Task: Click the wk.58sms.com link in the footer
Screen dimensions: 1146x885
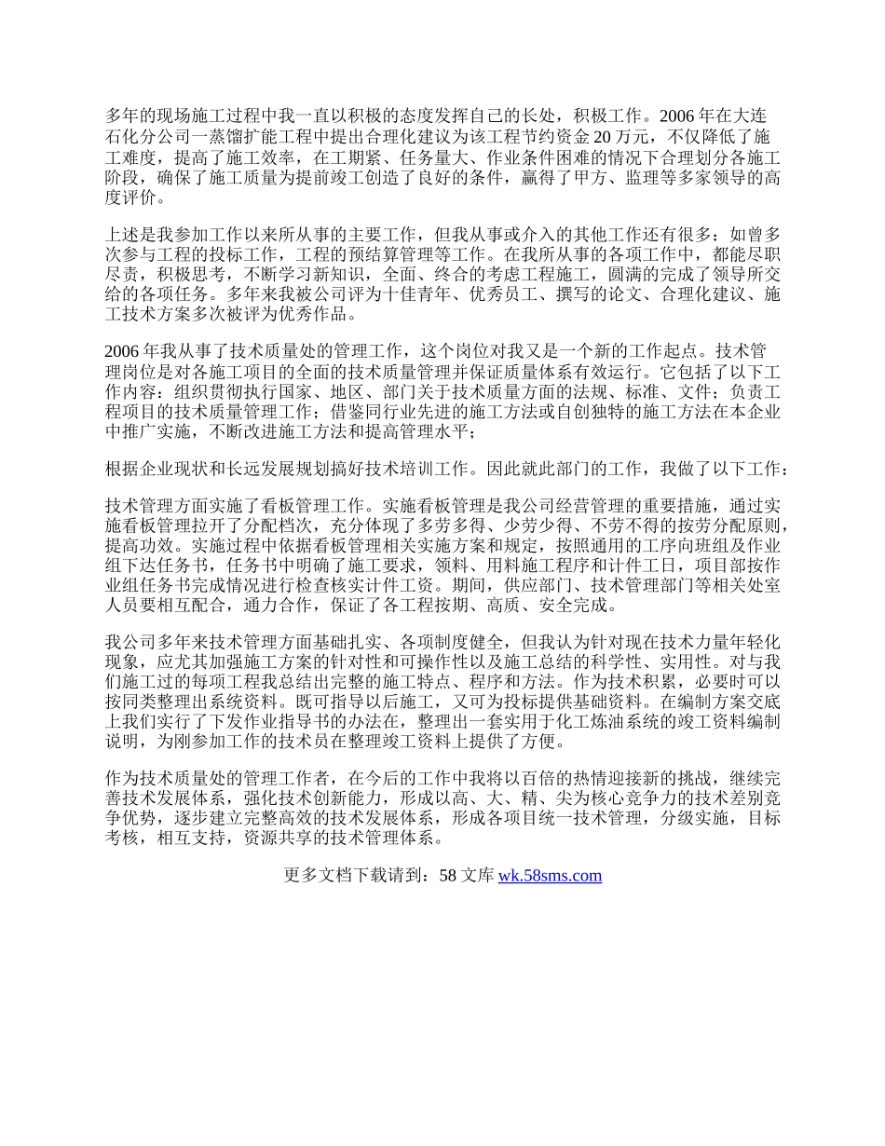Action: (x=550, y=875)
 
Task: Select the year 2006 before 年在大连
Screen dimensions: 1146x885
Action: (x=677, y=116)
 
